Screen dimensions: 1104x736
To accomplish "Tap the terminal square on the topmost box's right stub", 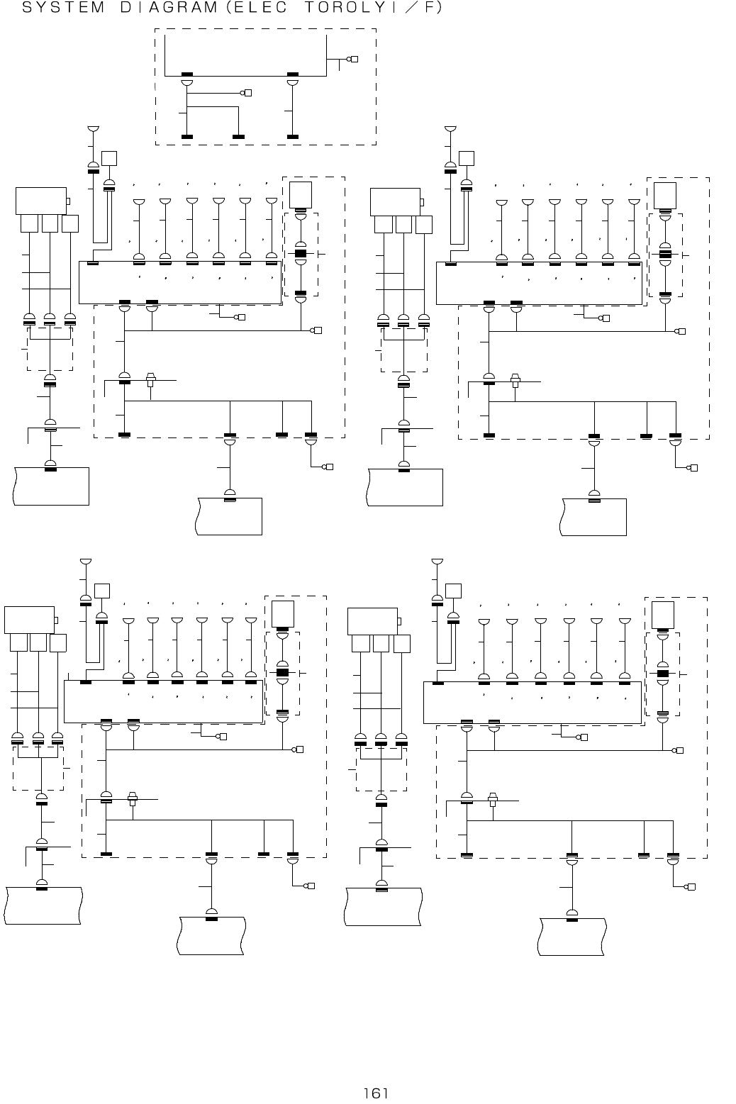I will coord(355,59).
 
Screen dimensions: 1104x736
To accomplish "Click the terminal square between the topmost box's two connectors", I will coord(248,93).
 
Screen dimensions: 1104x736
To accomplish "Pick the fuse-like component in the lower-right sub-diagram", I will coord(493,800).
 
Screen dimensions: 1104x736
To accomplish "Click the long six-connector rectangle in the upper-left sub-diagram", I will coord(180,282).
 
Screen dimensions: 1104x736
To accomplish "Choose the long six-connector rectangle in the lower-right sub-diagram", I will coord(532,703).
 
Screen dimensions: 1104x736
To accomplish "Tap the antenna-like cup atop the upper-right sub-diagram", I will coord(450,129).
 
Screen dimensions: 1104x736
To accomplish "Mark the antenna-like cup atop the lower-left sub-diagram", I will coord(86,562).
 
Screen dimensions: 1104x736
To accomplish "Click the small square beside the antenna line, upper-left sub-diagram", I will coord(109,159).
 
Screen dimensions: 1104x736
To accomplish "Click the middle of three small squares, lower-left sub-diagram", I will coord(38,642).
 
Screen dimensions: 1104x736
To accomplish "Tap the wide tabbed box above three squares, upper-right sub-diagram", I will coord(395,201).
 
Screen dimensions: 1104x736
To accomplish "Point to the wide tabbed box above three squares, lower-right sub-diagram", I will coord(372,621).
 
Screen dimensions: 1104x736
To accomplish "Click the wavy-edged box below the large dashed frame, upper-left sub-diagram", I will coord(230,516).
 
